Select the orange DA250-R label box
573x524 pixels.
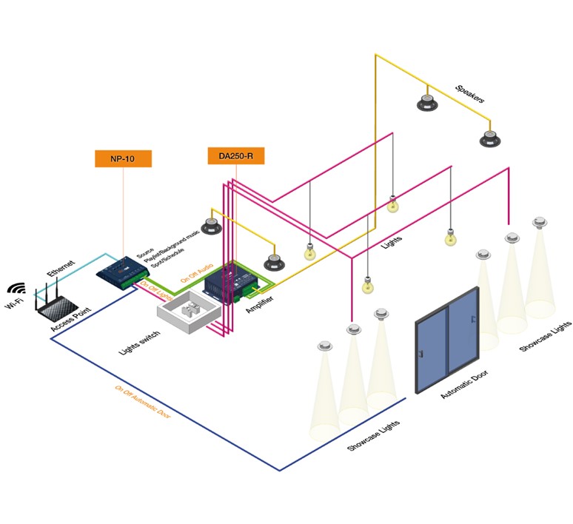point(236,155)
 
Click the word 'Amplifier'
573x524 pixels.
point(260,303)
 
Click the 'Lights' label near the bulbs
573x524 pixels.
point(391,236)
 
